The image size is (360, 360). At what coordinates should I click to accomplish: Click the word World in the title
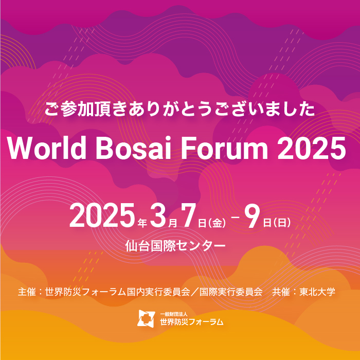[47, 148]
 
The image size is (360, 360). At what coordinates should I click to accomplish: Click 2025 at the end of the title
[312, 148]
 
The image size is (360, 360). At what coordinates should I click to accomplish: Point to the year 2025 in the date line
[102, 215]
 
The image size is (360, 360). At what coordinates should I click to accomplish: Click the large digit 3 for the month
[158, 215]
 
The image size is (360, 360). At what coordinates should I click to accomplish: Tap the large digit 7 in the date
[189, 215]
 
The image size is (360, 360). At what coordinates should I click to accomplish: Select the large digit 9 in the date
[253, 215]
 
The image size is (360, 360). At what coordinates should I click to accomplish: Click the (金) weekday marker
[217, 223]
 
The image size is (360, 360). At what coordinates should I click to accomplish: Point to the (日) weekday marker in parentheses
[282, 222]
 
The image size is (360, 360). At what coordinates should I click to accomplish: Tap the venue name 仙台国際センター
[175, 246]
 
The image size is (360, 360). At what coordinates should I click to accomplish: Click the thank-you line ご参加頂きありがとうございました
[179, 109]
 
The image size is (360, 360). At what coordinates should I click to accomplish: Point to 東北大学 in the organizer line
[317, 292]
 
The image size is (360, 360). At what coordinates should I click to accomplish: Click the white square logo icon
[146, 318]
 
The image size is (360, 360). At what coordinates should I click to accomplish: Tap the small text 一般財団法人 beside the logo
[174, 314]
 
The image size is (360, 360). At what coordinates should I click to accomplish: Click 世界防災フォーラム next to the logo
[191, 321]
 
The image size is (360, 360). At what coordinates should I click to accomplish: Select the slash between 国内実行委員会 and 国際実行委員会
[194, 292]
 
